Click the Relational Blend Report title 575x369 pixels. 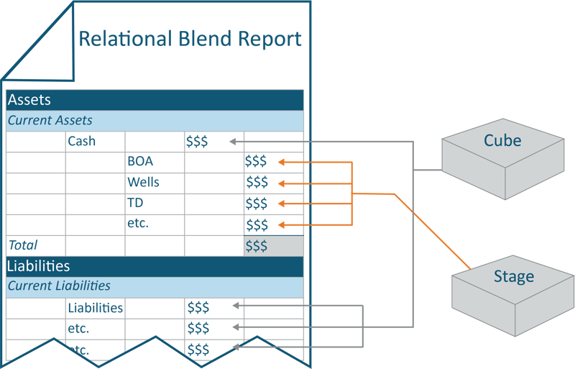190,38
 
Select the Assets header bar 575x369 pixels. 155,100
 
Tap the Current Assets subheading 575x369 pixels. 155,121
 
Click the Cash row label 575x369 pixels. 82,142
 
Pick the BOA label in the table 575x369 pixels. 140,162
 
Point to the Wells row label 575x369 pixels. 143,182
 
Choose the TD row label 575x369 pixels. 136,203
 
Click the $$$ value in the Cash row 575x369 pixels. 197,142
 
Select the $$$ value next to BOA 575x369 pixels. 256,162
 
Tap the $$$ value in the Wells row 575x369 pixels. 256,182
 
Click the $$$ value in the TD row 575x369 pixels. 256,203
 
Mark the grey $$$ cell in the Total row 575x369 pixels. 273,246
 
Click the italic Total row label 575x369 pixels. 23,246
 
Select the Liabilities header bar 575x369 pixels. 155,266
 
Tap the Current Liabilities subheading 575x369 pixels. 155,286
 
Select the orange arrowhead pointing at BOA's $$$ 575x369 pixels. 281,162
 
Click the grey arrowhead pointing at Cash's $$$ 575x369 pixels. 234,142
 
